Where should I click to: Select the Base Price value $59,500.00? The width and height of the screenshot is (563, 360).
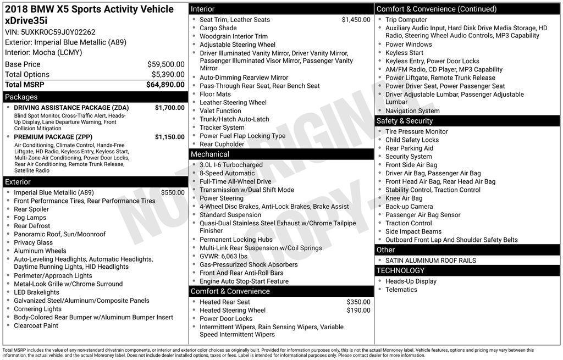[x=165, y=64]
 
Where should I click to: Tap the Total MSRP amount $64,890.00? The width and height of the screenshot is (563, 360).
[x=165, y=85]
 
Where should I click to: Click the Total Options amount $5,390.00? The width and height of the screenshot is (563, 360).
[x=168, y=75]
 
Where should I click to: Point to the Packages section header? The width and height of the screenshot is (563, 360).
[x=21, y=97]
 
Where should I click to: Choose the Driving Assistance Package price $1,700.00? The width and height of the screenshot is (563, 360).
[x=169, y=108]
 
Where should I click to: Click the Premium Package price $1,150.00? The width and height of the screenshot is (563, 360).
[x=169, y=137]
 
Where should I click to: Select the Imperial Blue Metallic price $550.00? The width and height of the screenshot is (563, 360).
[x=173, y=193]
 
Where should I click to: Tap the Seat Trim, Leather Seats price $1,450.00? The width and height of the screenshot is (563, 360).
[x=356, y=20]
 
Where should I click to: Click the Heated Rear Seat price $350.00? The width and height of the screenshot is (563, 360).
[x=358, y=302]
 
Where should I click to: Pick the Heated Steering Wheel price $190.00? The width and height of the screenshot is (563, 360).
[x=358, y=311]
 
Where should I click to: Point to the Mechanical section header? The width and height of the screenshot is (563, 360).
[x=210, y=154]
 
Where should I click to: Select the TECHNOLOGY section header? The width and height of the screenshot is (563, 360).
[x=400, y=270]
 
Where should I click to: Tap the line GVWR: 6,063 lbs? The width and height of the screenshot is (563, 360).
[x=223, y=256]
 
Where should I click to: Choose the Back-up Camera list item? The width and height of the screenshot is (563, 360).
[x=409, y=207]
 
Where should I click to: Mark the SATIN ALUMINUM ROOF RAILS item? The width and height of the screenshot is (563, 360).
[x=430, y=261]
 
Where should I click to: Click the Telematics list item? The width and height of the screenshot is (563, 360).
[x=401, y=290]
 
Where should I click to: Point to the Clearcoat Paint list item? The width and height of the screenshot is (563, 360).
[x=36, y=325]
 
